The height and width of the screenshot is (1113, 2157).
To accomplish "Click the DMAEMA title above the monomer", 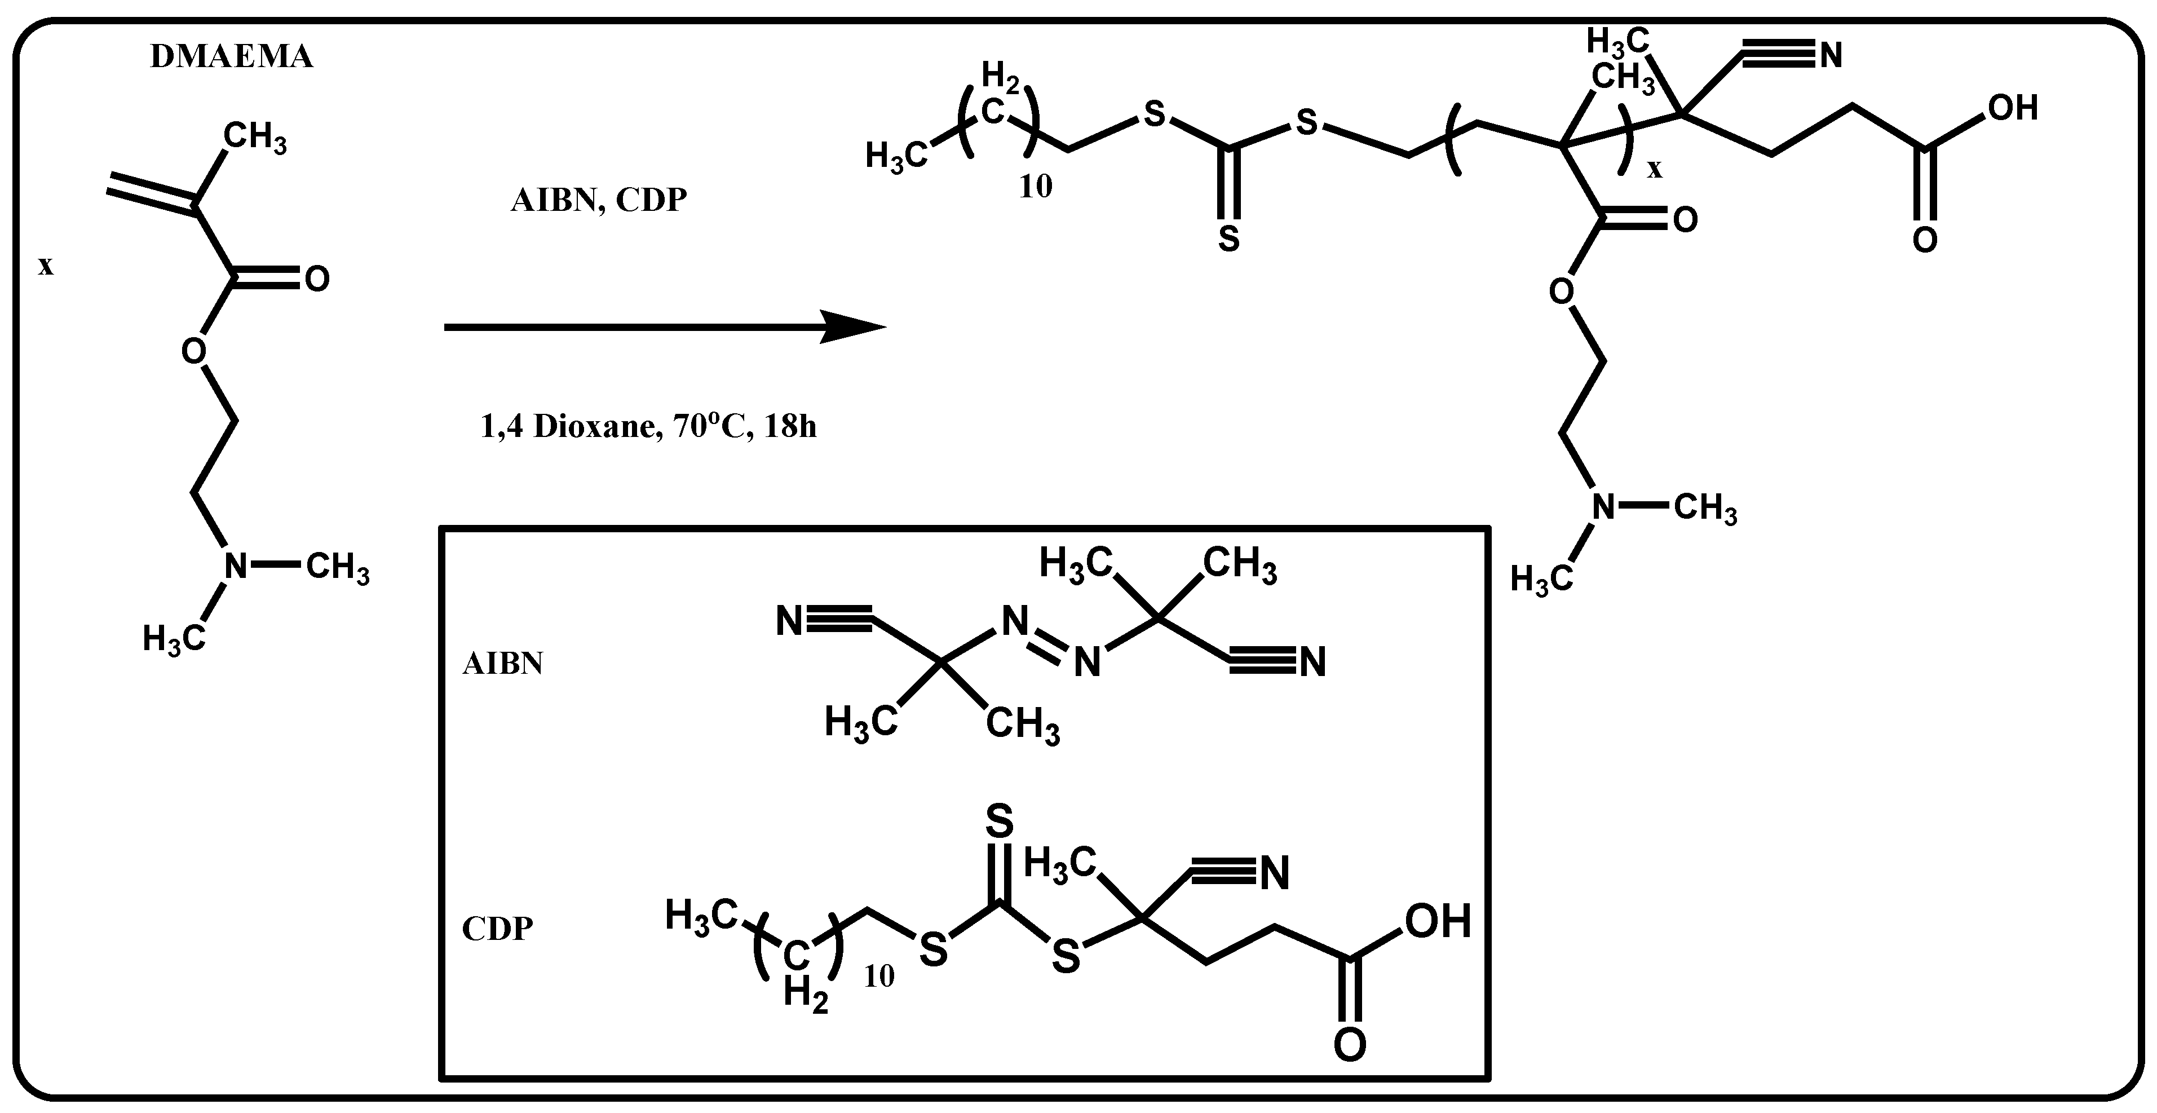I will (x=231, y=57).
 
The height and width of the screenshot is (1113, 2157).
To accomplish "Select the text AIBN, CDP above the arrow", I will (x=599, y=201).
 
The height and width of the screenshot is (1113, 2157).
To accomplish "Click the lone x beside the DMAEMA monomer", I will (x=45, y=266).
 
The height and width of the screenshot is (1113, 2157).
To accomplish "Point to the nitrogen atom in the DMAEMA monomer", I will (x=236, y=566).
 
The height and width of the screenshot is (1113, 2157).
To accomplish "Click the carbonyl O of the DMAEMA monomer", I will (x=316, y=279).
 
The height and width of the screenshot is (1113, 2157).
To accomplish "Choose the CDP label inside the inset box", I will (x=497, y=929).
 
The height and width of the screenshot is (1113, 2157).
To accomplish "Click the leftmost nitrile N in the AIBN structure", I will (x=789, y=622).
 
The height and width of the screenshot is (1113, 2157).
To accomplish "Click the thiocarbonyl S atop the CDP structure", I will (x=999, y=821).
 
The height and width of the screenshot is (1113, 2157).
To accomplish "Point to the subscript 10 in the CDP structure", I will (x=879, y=975).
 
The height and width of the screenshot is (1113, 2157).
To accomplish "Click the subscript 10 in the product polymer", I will (x=1036, y=187).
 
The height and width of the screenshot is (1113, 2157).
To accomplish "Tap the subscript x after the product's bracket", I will (x=1655, y=170).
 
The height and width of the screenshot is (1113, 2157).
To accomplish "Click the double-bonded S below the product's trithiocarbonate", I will (x=1228, y=238).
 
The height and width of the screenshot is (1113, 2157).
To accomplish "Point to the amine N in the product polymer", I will (x=1603, y=507).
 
